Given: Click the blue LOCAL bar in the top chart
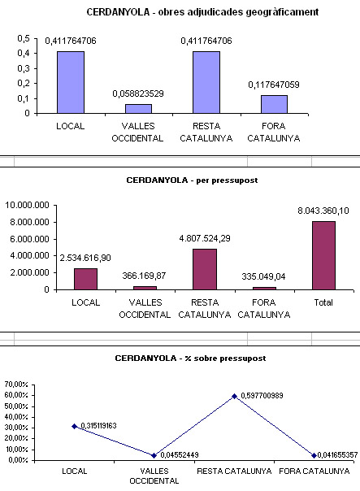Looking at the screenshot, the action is click(x=71, y=82).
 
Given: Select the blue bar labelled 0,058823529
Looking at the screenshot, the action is click(x=138, y=109).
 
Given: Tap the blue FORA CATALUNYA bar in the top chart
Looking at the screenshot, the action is click(x=274, y=104).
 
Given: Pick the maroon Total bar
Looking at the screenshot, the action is click(x=323, y=255).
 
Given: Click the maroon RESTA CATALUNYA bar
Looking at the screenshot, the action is click(x=205, y=269).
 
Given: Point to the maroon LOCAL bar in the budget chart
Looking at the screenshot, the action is click(x=86, y=279).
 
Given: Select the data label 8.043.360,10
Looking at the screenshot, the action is click(x=323, y=211).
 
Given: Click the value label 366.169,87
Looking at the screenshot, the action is click(x=144, y=276).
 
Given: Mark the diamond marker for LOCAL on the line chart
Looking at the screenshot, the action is click(x=75, y=426).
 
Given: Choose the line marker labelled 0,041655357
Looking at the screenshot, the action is click(x=314, y=455).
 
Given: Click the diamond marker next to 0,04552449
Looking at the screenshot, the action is click(x=154, y=455).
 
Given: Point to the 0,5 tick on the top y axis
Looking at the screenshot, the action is click(x=24, y=38).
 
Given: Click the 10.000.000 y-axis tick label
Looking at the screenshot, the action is click(x=28, y=206).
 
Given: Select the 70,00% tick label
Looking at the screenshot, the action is click(x=16, y=385).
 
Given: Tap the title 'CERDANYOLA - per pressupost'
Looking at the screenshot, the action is click(x=192, y=180).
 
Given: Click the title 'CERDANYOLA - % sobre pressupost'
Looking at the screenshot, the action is click(x=190, y=358).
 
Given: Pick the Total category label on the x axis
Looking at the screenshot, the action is click(x=323, y=302).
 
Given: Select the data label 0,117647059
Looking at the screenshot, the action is click(x=274, y=85).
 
